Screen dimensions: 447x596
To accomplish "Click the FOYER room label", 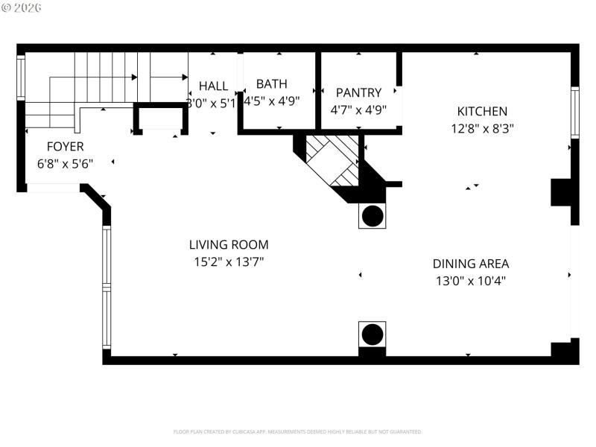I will pos(66,147).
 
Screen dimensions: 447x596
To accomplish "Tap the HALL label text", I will pos(213,86).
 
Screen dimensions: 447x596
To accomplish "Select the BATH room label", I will pos(272,84).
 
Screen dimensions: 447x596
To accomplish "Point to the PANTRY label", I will pos(358,93).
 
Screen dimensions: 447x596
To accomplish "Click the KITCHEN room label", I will pos(482,112).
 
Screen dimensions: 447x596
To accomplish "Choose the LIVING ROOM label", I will pos(229,244).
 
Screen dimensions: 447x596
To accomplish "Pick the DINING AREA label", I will pos(471,264).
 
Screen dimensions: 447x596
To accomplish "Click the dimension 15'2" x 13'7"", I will pos(229,261).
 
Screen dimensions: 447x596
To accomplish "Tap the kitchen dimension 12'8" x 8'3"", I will pos(482,128).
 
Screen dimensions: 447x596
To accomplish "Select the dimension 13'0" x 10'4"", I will pos(471,281).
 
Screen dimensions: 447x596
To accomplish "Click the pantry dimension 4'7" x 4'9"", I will pos(358,110).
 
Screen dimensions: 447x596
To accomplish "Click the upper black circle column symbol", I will pos(372,216).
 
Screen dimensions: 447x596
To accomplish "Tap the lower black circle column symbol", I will pos(372,335).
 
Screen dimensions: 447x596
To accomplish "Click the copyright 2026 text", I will pos(22,7).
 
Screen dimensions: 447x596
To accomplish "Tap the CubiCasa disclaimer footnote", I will pos(298,431).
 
